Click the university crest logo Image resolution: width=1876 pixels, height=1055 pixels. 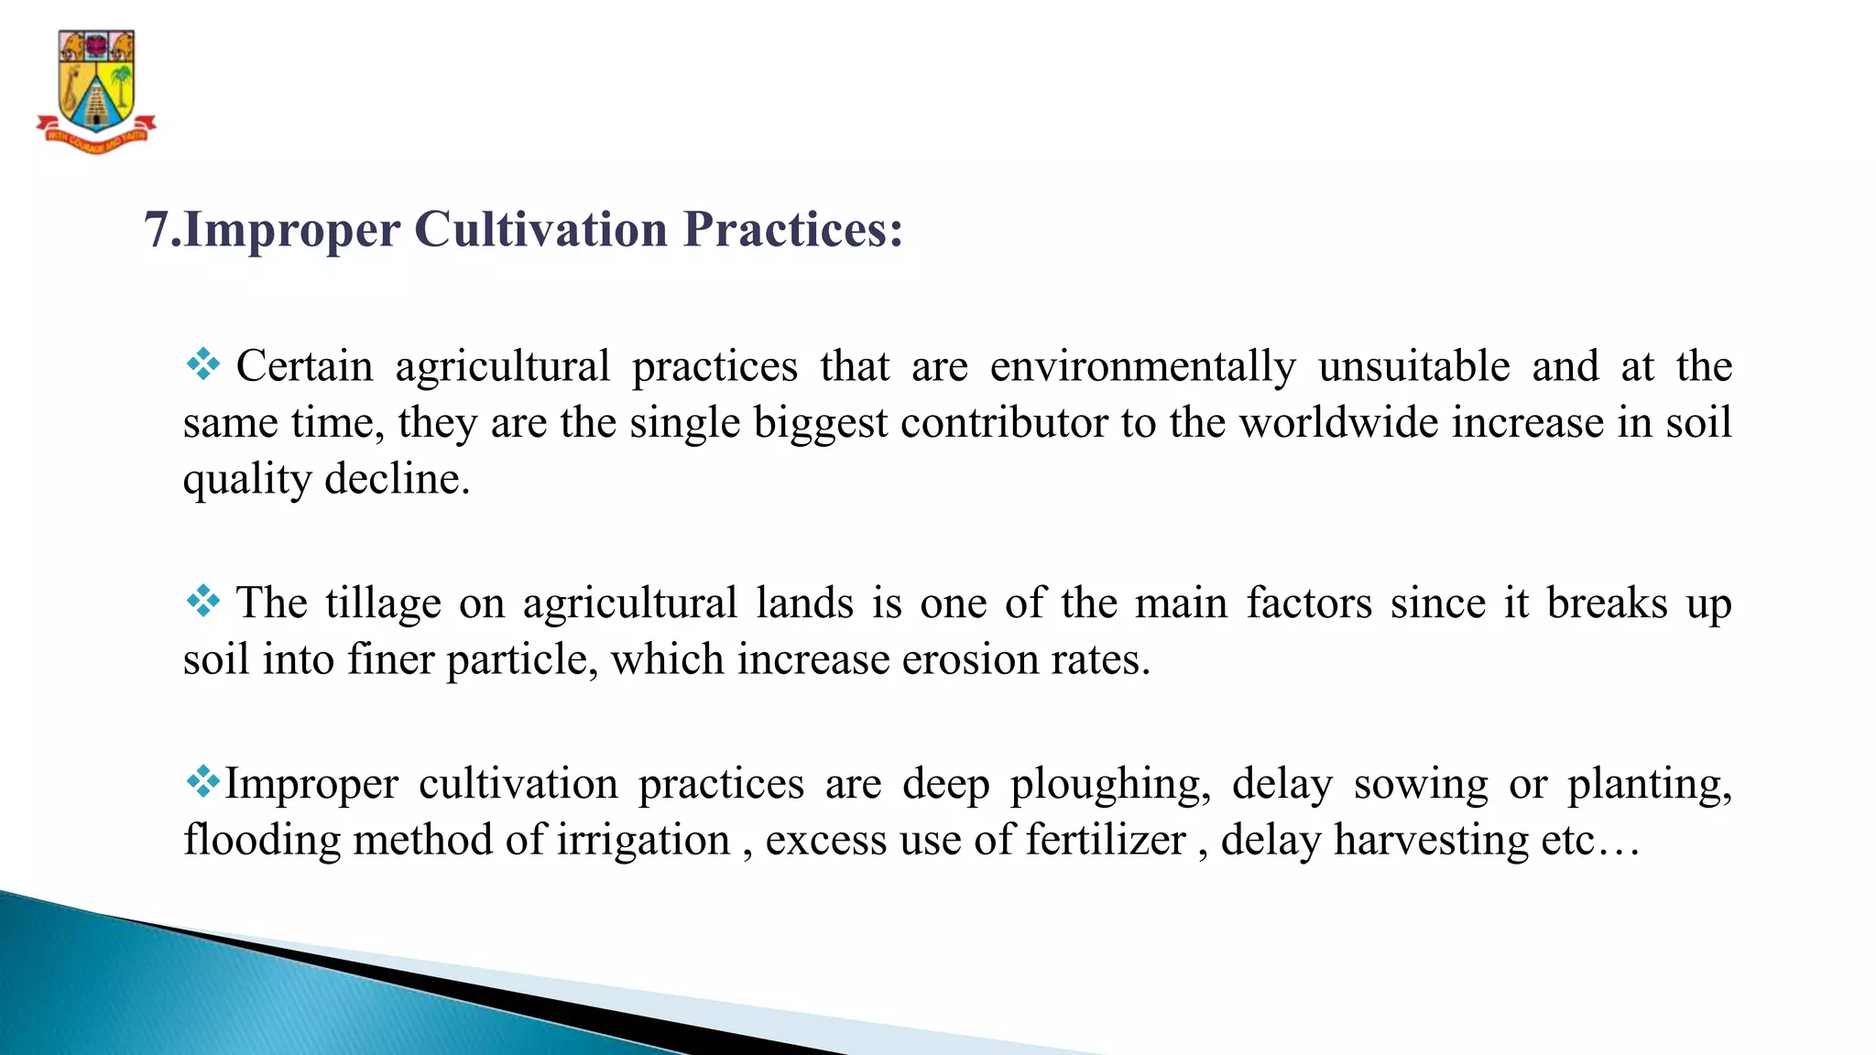(96, 91)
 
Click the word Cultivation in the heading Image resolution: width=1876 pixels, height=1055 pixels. (540, 229)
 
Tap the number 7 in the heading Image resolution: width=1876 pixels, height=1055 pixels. (157, 229)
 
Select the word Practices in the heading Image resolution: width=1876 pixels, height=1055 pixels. (793, 229)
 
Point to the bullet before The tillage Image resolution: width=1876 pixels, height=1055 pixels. (202, 601)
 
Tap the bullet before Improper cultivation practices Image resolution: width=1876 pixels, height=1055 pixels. (202, 781)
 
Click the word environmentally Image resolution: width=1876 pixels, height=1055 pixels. (1142, 367)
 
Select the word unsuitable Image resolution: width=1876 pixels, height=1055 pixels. (1413, 366)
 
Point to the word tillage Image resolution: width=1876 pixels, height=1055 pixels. (383, 604)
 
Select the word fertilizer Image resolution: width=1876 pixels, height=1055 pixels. (1106, 840)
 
